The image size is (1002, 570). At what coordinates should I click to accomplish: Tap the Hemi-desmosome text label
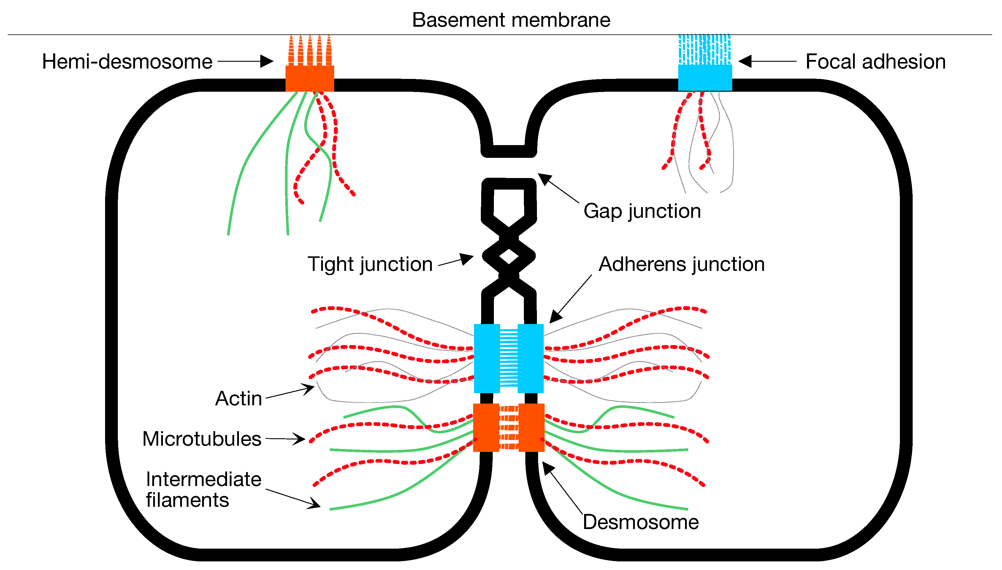click(127, 62)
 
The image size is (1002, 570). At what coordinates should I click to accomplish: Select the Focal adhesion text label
click(876, 62)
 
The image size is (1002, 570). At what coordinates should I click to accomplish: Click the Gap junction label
click(642, 211)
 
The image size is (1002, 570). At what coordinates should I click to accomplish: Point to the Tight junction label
click(370, 264)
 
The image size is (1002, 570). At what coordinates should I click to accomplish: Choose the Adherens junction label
click(682, 264)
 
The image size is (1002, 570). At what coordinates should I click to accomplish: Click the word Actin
click(238, 398)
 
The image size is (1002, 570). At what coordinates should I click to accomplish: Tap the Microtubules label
click(202, 439)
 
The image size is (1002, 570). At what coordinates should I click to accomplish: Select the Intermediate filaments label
click(203, 489)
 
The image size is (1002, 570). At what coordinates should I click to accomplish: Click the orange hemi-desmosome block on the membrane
click(309, 78)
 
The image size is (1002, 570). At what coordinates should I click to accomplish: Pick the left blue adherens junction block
click(487, 358)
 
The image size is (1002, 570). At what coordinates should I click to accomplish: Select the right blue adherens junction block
click(531, 358)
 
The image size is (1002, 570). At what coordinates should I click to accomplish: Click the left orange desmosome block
click(486, 428)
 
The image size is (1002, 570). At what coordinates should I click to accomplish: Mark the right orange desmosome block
click(531, 428)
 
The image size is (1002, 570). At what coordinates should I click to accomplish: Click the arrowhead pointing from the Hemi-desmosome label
click(267, 61)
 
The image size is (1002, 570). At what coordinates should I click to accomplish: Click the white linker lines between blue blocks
click(509, 358)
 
